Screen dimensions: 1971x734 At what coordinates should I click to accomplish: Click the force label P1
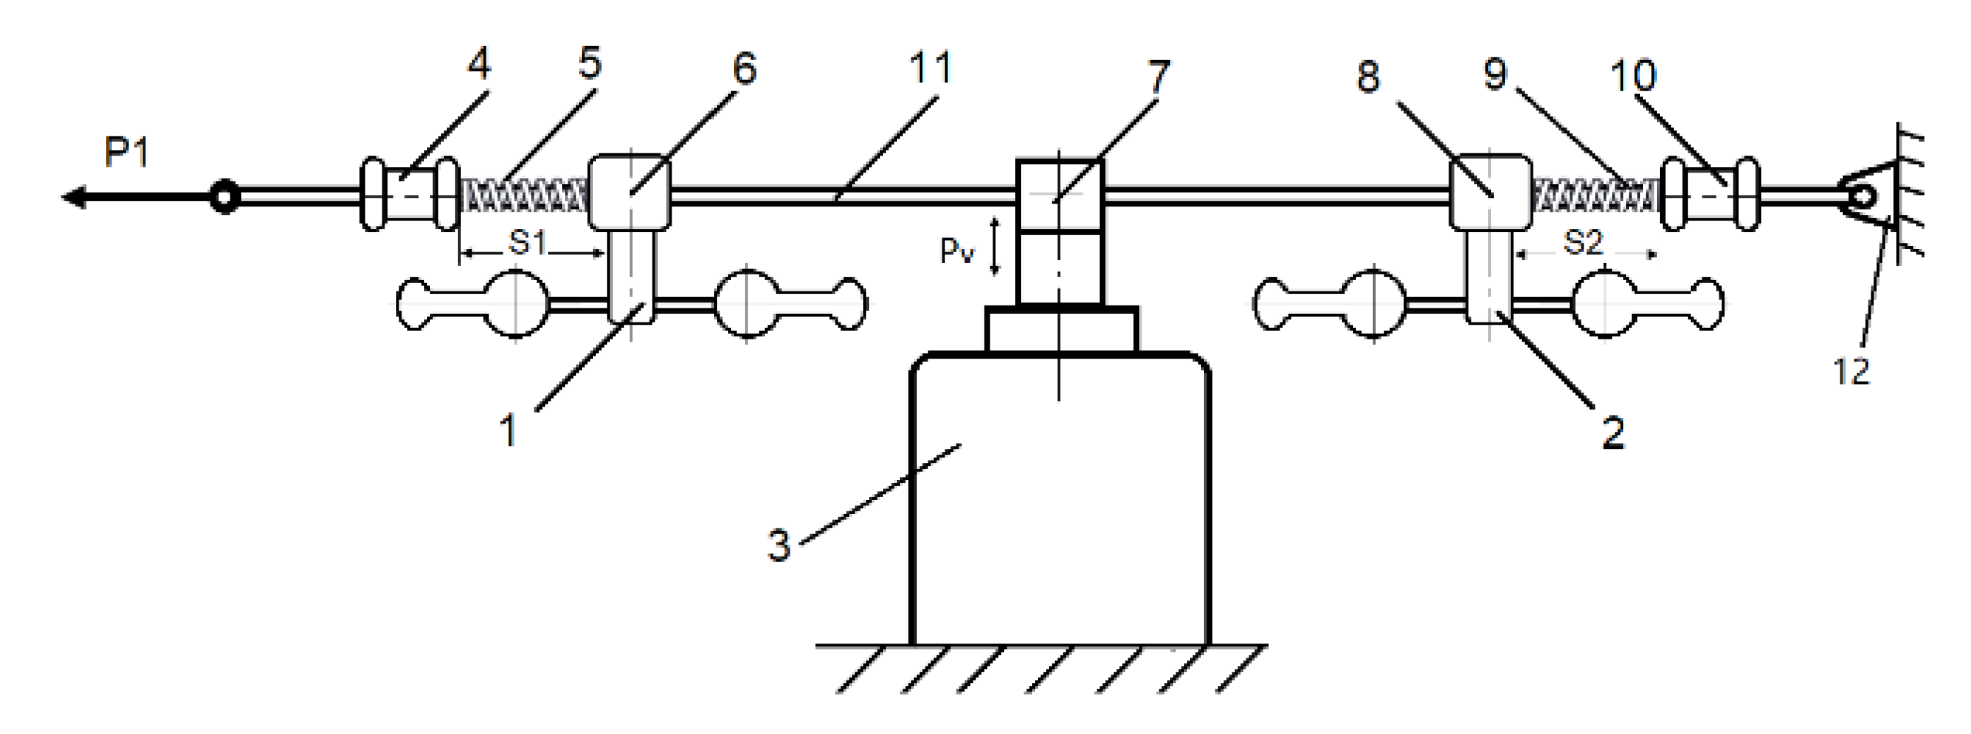[x=127, y=153]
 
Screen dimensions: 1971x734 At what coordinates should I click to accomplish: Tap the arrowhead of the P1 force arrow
[x=74, y=197]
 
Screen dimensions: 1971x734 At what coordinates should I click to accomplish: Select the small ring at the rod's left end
[x=224, y=197]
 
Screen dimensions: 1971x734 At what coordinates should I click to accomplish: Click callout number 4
[x=479, y=64]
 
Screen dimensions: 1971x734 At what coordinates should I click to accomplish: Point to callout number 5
[x=590, y=62]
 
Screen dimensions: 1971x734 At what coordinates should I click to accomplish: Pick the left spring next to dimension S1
[x=524, y=196]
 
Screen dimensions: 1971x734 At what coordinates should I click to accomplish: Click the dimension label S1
[x=528, y=243]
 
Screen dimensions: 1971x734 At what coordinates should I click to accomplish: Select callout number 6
[x=744, y=68]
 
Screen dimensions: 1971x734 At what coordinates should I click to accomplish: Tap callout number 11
[x=930, y=67]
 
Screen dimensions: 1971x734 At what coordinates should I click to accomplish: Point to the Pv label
[x=957, y=250]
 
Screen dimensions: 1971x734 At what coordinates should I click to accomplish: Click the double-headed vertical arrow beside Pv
[x=995, y=245]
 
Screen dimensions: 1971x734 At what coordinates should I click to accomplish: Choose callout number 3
[x=779, y=546]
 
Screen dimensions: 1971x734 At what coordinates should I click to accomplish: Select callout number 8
[x=1368, y=76]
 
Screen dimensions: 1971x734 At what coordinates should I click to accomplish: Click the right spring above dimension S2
[x=1595, y=196]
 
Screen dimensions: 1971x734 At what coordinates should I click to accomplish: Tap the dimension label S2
[x=1582, y=243]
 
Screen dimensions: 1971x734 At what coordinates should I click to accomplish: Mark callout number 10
[x=1633, y=76]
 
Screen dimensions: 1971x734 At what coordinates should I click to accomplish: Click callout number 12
[x=1852, y=372]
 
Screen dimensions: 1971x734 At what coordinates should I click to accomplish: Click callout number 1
[x=508, y=431]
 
